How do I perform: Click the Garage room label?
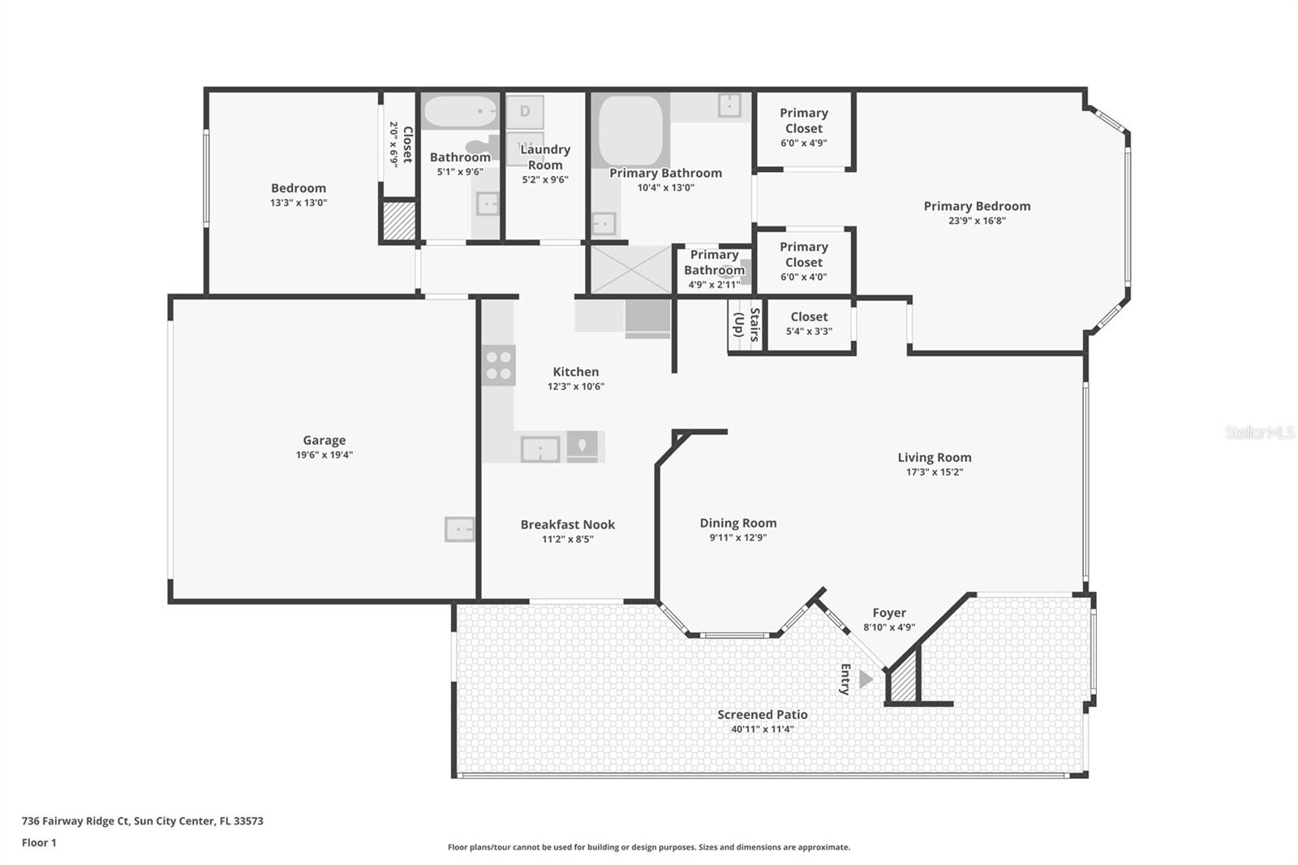click(324, 441)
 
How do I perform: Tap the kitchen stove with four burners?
click(498, 365)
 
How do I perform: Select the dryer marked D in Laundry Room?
click(525, 111)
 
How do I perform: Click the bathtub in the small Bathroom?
click(459, 111)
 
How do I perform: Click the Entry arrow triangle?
click(866, 678)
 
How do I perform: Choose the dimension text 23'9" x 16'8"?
click(977, 221)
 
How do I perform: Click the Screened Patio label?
click(762, 714)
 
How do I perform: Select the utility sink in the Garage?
click(459, 529)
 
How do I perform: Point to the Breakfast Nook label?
click(567, 524)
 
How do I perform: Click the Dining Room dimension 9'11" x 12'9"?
click(737, 537)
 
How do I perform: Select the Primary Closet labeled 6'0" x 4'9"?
click(803, 127)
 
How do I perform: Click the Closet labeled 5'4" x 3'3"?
click(809, 323)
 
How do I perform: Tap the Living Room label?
click(934, 457)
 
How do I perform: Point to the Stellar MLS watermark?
click(1259, 432)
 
